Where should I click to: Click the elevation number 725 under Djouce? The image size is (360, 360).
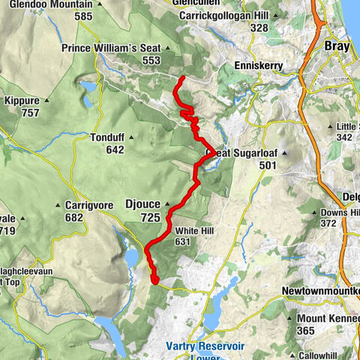150,217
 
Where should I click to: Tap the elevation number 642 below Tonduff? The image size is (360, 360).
115,150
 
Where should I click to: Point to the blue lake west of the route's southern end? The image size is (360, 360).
131,257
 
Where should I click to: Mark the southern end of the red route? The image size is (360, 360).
155,282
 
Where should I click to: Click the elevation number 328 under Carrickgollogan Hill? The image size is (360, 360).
259,28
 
